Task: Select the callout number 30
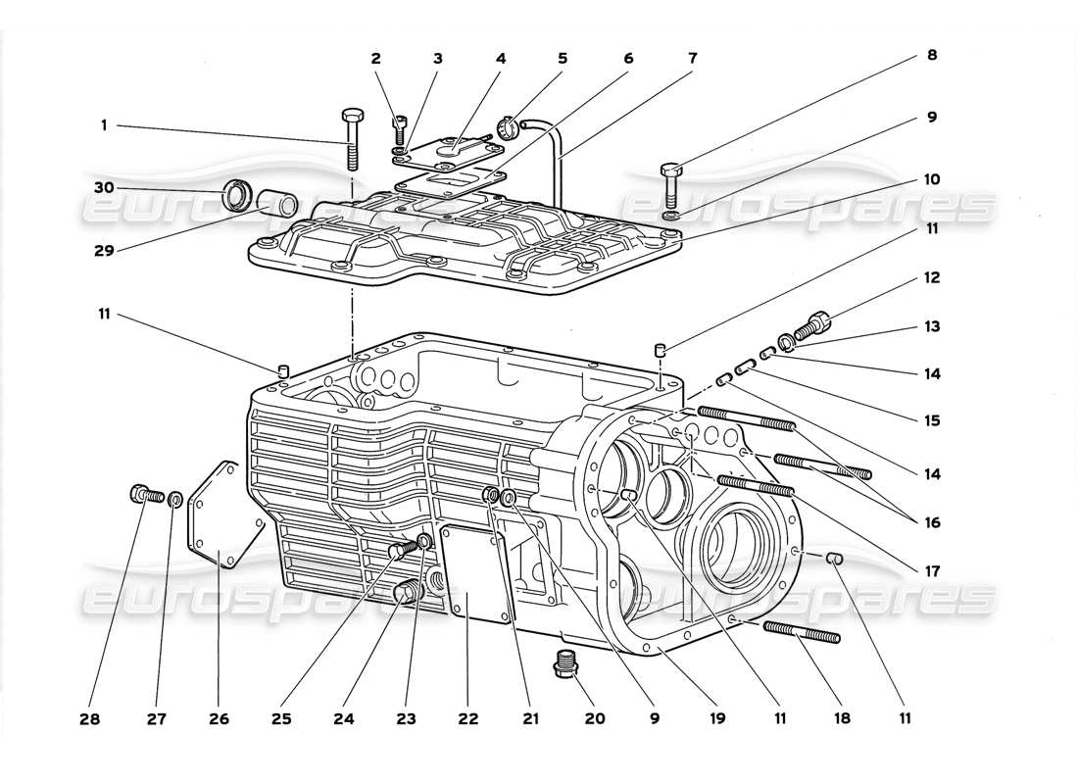(104, 187)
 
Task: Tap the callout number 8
(931, 56)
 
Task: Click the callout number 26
(219, 718)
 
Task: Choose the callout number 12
(931, 278)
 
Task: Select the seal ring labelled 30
(238, 195)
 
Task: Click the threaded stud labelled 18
(801, 631)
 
